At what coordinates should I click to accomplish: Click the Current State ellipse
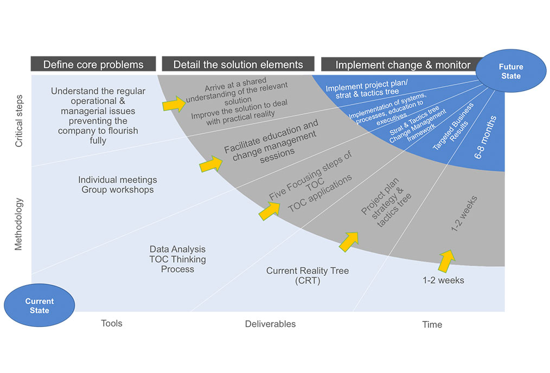coord(40,306)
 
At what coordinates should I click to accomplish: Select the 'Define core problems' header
coord(93,65)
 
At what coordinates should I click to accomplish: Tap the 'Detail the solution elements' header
coord(238,65)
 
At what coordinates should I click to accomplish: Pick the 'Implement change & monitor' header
coord(402,65)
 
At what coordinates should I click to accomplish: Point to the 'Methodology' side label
coord(20,223)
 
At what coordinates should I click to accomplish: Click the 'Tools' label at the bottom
coord(112,324)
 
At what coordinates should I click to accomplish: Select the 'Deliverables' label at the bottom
coord(270,324)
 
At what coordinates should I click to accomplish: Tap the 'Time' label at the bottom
coord(432,325)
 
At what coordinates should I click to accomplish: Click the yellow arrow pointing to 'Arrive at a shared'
coord(174,103)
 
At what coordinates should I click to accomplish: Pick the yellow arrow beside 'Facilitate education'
coord(211,164)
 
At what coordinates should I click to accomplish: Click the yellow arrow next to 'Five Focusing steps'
coord(269,210)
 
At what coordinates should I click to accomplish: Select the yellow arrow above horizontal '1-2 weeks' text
coord(445,260)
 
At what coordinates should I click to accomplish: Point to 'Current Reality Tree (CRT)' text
coord(308,275)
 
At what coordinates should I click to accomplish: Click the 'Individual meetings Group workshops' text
coord(118,185)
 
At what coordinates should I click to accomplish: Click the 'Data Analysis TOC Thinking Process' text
coord(177,259)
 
